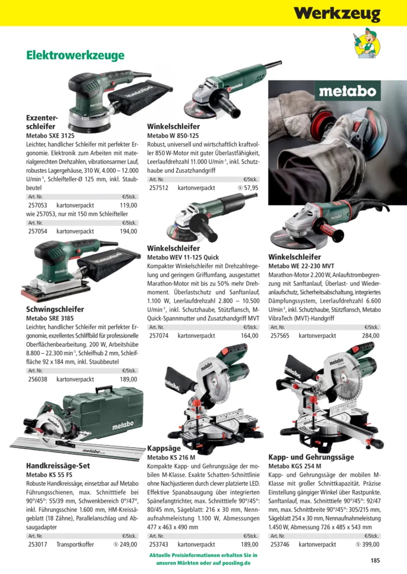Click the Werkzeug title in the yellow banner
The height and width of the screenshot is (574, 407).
click(x=337, y=14)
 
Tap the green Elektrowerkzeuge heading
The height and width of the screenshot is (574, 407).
click(x=75, y=55)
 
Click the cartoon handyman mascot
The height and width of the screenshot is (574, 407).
click(x=367, y=43)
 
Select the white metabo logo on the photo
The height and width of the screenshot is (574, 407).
click(x=347, y=91)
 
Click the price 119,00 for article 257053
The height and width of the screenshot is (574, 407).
click(x=129, y=205)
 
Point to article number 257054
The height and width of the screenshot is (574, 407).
click(x=38, y=231)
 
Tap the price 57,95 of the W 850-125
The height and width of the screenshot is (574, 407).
click(x=251, y=188)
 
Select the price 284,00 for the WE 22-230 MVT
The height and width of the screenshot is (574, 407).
click(x=371, y=336)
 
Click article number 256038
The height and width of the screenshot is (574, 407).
click(x=38, y=379)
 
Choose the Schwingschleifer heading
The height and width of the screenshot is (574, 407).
click(x=55, y=309)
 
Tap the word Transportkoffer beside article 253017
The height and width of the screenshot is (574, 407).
click(x=75, y=545)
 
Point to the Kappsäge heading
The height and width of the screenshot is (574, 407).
click(x=164, y=448)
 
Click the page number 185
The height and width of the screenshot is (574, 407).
click(x=375, y=560)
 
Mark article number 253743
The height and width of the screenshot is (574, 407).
click(x=159, y=545)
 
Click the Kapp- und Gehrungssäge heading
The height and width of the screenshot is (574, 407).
click(x=311, y=457)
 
